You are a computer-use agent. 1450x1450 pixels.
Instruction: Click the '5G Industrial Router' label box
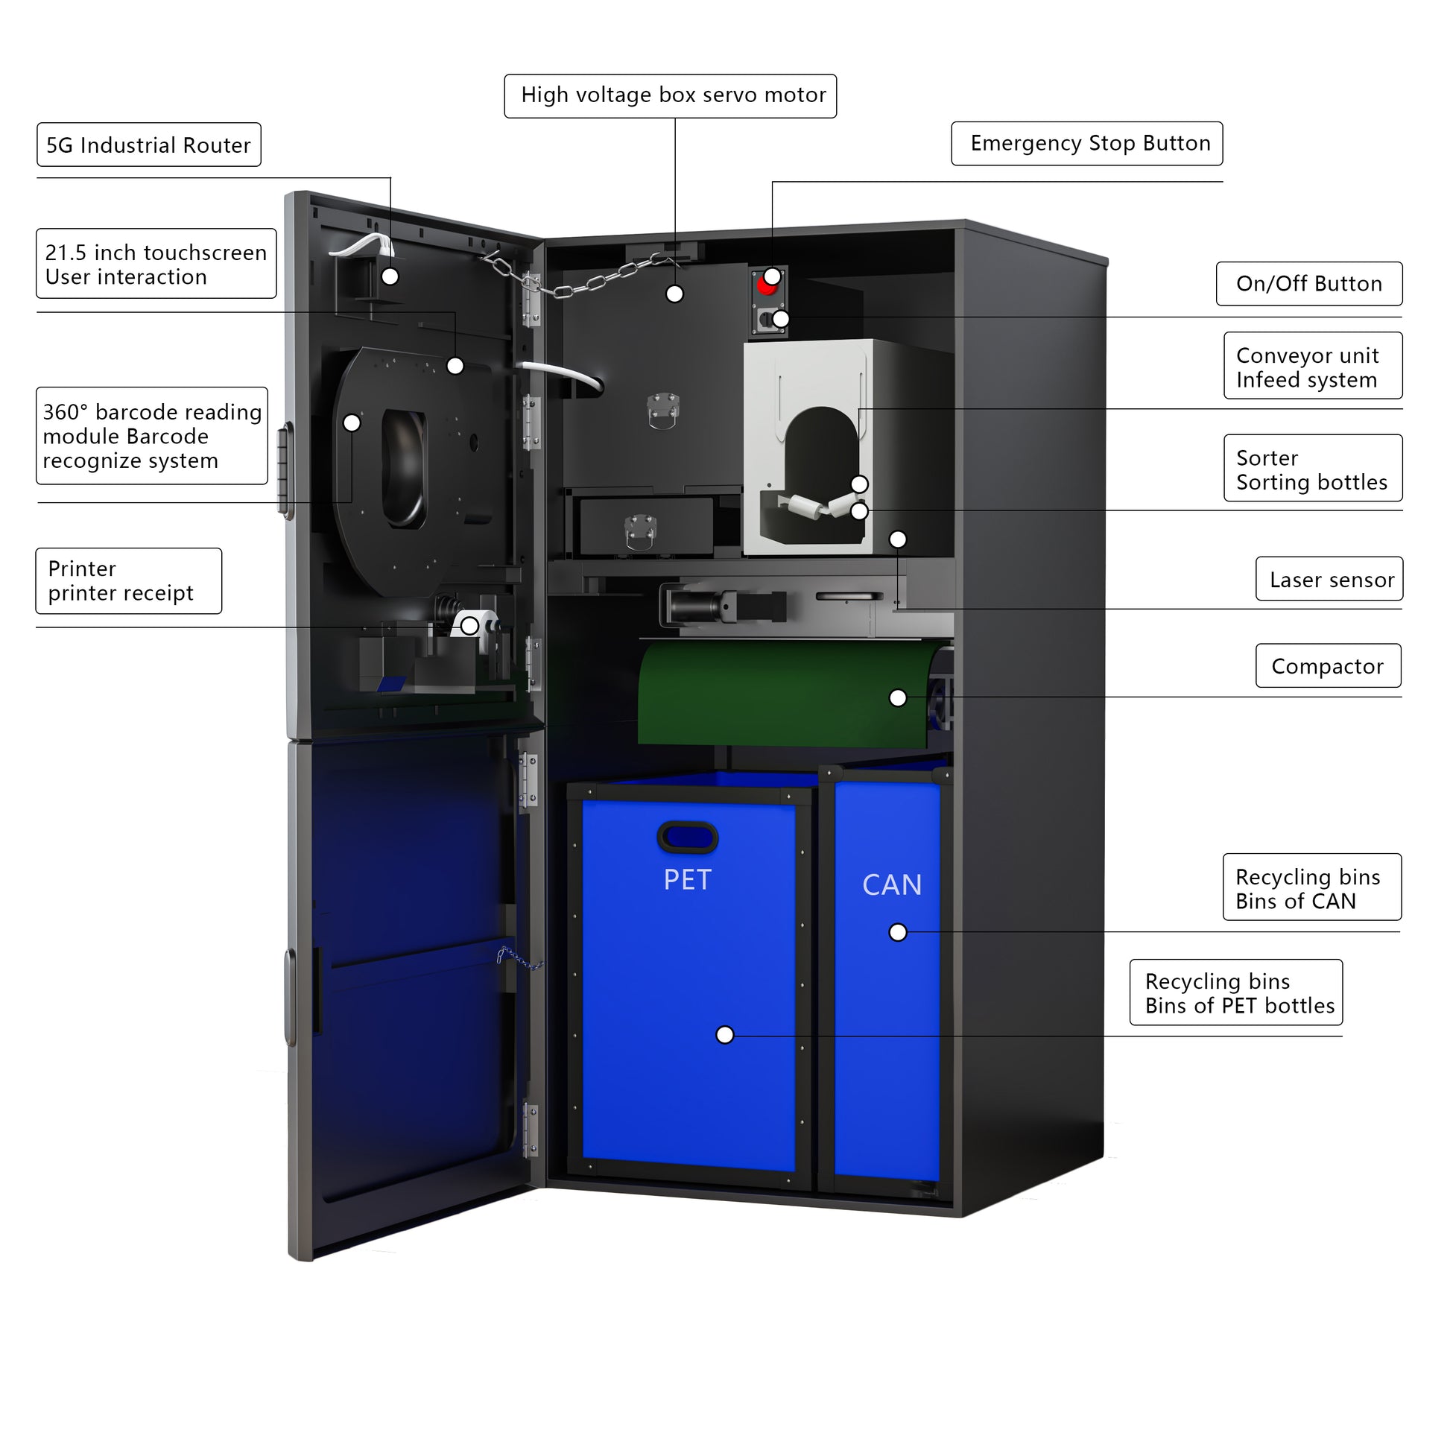coord(148,145)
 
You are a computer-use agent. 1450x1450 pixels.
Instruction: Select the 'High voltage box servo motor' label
coord(670,95)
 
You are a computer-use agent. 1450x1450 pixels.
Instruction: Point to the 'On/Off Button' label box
coord(1309,284)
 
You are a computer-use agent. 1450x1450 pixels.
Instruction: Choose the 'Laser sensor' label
coord(1329,580)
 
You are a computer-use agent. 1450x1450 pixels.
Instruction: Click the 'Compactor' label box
coord(1328,665)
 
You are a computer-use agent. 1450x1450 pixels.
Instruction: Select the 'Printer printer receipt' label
coord(128,581)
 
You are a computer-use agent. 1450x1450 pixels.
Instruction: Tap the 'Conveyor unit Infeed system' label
coord(1313,367)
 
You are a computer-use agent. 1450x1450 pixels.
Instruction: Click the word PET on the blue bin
coord(688,879)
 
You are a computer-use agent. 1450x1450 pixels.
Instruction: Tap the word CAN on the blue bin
coord(892,885)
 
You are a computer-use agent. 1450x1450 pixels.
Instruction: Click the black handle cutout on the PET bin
coord(688,837)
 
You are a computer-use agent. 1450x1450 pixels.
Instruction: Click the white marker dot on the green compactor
coord(898,698)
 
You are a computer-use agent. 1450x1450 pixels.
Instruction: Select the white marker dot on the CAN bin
coord(898,932)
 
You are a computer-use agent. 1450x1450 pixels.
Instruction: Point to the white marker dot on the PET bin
coord(724,1035)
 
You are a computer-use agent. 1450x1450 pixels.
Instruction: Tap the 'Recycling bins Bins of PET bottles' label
coord(1236,993)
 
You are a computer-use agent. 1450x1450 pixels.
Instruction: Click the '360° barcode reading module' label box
coord(151,436)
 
